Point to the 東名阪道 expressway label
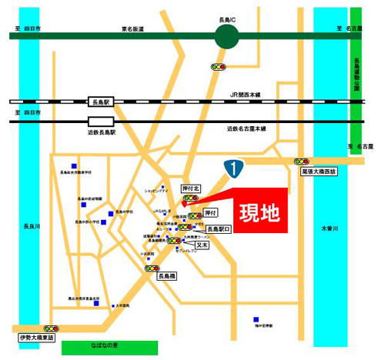tap(133, 28)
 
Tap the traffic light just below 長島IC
tap(219, 67)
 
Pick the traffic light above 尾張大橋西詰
tap(301, 162)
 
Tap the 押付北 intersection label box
tap(190, 188)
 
